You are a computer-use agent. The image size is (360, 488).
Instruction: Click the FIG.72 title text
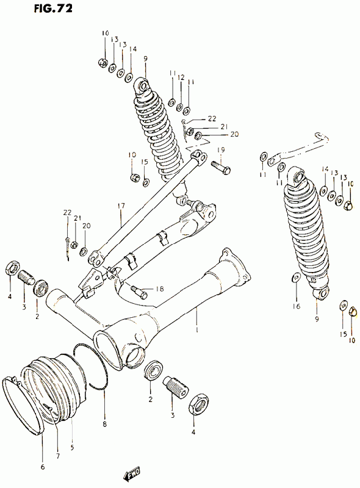53,8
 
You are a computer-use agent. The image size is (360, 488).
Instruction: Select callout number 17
121,206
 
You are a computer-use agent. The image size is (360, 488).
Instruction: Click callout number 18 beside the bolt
159,289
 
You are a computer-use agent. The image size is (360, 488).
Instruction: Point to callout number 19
221,150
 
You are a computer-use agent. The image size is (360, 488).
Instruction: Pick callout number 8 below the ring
104,424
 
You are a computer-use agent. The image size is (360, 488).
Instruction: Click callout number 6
43,467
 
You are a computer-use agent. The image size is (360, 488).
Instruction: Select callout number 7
58,456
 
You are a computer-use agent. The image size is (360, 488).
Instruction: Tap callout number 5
72,448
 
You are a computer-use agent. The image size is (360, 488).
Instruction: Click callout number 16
297,306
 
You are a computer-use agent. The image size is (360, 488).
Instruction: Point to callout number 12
181,77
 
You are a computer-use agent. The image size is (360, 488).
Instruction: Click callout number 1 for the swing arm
196,329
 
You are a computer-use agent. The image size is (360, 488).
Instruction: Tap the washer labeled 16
297,277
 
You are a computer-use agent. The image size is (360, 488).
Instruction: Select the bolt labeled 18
139,292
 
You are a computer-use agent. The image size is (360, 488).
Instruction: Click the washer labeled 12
179,107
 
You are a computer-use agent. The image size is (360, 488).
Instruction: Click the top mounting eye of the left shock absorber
142,85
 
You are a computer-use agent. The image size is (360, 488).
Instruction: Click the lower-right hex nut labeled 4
198,404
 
